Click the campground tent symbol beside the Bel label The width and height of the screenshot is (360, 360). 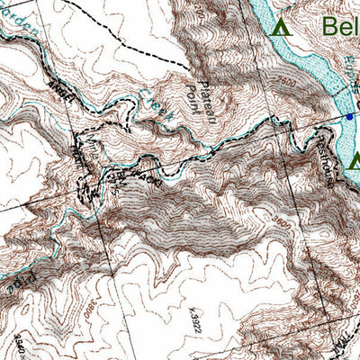pyautogui.click(x=282, y=27)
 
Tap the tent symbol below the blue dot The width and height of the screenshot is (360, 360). pyautogui.click(x=355, y=162)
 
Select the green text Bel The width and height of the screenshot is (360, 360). pyautogui.click(x=339, y=25)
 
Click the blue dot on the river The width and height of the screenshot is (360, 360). pyautogui.click(x=349, y=117)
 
